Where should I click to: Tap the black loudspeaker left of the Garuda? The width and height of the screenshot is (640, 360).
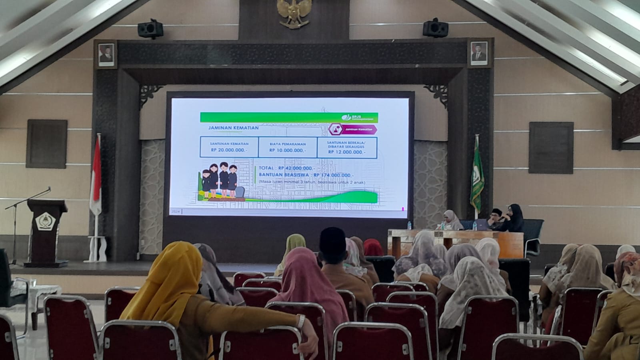point(150,29)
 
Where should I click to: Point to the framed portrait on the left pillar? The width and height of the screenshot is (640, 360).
point(106,54)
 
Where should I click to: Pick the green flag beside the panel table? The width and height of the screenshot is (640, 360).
point(476,176)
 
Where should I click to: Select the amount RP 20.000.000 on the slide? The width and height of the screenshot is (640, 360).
point(229,150)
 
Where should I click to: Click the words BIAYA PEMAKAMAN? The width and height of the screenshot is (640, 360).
point(288,144)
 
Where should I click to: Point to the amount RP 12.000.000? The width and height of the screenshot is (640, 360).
point(346,152)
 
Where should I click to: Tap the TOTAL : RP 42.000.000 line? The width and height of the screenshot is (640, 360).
point(287,168)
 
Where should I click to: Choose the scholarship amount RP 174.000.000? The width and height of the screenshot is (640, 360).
point(334,175)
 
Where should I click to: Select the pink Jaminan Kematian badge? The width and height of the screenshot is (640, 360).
point(352,130)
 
